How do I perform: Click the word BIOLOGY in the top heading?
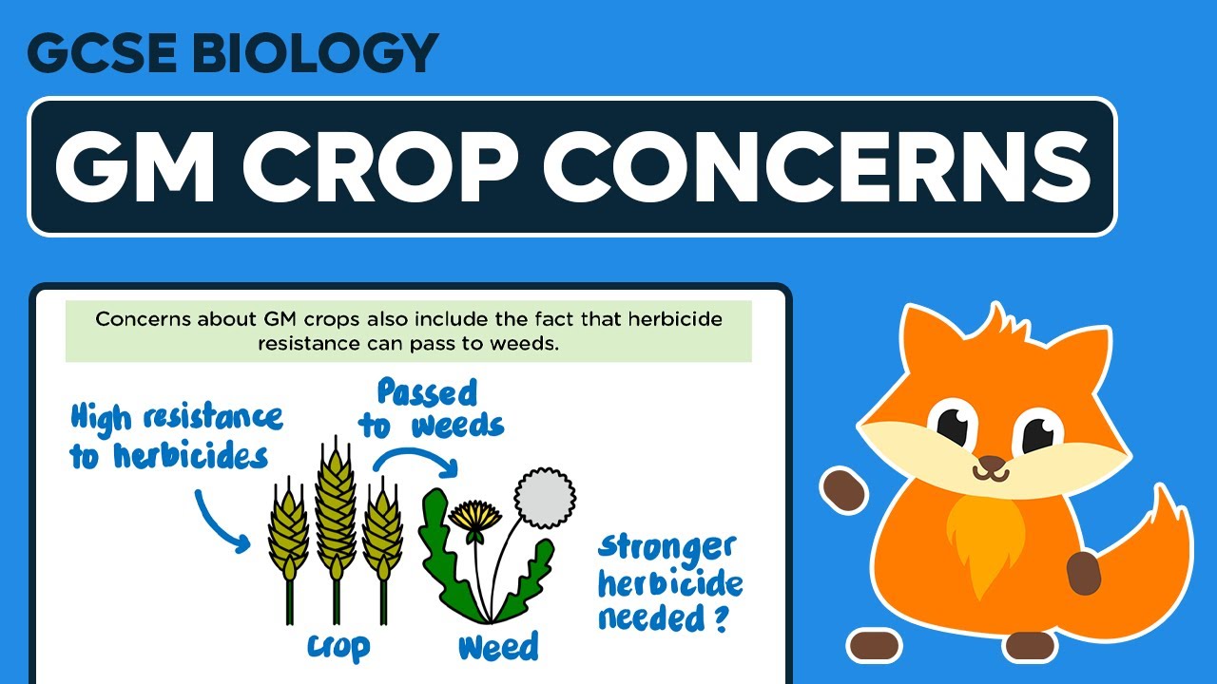point(321,53)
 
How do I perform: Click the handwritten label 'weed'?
point(497,647)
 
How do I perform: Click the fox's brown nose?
point(991,465)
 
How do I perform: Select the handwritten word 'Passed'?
point(427,391)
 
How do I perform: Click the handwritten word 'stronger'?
point(667,549)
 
